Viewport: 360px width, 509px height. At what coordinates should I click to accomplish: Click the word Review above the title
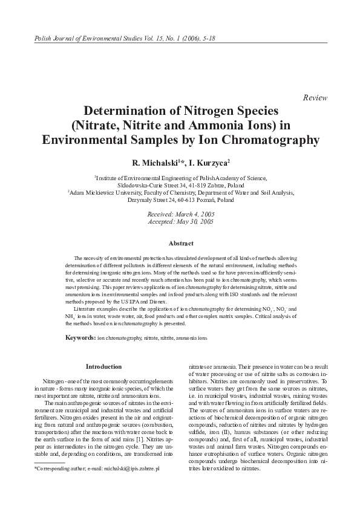315,98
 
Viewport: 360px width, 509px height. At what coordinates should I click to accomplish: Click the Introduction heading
104,366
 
